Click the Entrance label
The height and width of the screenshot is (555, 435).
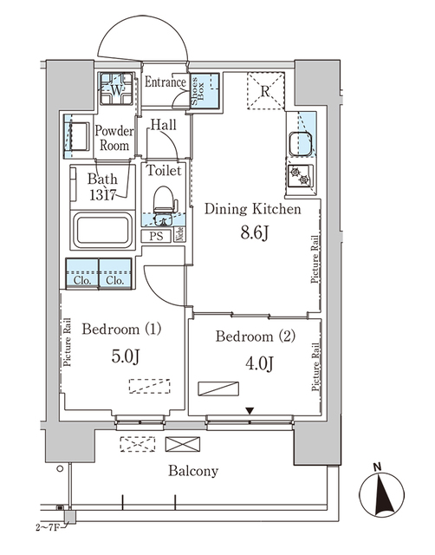166,83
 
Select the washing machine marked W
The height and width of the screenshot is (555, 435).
117,88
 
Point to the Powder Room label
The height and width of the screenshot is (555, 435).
114,138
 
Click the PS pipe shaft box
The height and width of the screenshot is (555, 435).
156,235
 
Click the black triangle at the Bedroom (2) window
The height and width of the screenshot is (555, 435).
250,410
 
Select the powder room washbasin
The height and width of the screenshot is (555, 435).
75,137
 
